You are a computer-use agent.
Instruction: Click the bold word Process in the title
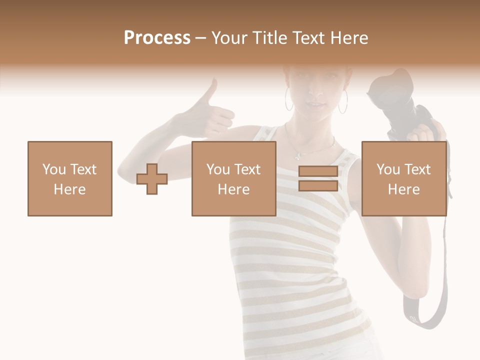(x=157, y=37)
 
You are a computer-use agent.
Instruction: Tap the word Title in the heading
(x=269, y=37)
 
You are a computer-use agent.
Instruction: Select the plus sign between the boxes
(x=152, y=178)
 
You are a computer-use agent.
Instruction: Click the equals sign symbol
(x=318, y=178)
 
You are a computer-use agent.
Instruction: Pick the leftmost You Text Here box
(x=70, y=178)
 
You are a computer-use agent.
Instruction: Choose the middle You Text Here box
(x=234, y=178)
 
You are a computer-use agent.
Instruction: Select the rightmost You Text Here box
(x=404, y=178)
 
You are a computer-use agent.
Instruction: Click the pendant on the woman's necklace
(x=298, y=154)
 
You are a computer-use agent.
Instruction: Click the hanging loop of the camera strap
(x=425, y=315)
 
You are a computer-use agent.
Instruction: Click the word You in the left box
(x=54, y=169)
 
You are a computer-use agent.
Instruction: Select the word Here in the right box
(x=404, y=189)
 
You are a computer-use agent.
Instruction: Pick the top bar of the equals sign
(x=318, y=171)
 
